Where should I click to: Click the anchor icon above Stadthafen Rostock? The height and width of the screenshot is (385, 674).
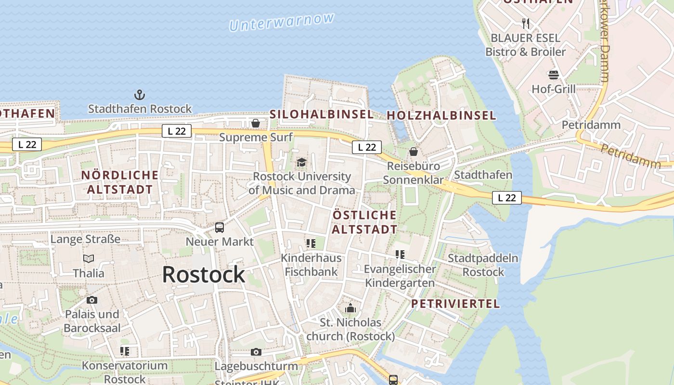(140, 94)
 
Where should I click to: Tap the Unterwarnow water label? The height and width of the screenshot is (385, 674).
(282, 22)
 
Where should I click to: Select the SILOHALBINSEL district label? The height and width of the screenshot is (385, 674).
(321, 114)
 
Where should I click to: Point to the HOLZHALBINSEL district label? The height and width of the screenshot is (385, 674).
(441, 115)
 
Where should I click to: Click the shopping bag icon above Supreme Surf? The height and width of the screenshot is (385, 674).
(256, 124)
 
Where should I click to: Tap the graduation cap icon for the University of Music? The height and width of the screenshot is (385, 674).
(302, 162)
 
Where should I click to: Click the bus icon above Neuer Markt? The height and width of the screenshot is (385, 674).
(220, 228)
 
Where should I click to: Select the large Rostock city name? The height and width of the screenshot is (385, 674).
(203, 274)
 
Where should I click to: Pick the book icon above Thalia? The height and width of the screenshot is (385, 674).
(89, 259)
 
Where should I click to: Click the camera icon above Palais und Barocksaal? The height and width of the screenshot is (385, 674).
(92, 300)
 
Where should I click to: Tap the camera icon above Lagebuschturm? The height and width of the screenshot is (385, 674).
(256, 352)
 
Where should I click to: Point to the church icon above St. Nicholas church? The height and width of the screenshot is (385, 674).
(350, 308)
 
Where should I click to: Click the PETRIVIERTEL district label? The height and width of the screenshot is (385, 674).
(455, 304)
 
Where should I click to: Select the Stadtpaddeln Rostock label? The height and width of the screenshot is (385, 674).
(483, 265)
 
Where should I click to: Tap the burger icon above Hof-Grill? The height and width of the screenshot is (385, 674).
(553, 75)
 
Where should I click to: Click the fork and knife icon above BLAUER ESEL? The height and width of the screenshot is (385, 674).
(526, 23)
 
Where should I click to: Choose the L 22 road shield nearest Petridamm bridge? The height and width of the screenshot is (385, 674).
(506, 197)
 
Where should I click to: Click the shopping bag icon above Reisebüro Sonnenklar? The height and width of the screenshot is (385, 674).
(413, 152)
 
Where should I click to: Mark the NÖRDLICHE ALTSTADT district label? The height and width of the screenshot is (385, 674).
(119, 182)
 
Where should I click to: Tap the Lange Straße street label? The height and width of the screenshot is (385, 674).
(85, 239)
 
